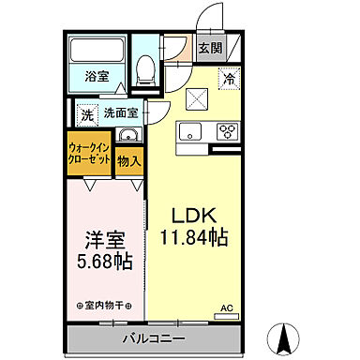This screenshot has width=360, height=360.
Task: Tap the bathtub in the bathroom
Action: pyautogui.click(x=97, y=52)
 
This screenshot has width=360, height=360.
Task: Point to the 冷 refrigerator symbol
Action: pyautogui.click(x=227, y=81)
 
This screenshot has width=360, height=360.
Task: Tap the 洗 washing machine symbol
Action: pyautogui.click(x=86, y=114)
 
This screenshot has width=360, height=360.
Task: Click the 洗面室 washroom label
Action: pyautogui.click(x=121, y=113)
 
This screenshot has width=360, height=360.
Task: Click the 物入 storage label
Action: pyautogui.click(x=130, y=161)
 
